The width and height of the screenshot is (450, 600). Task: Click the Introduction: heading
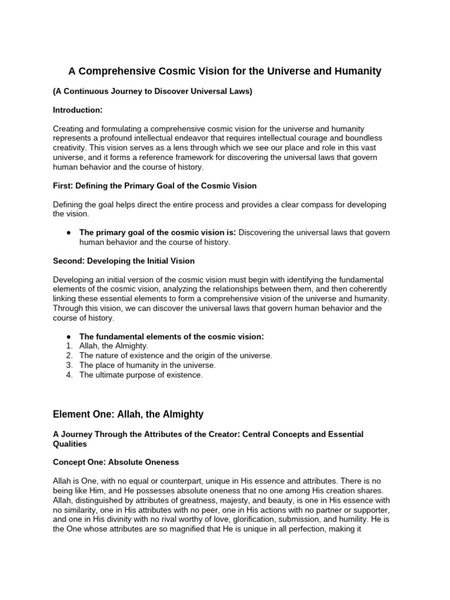pos(78,110)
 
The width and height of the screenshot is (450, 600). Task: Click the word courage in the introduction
pos(327,139)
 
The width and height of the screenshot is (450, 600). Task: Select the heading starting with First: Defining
pos(155,186)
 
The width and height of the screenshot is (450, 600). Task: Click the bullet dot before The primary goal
pos(69,233)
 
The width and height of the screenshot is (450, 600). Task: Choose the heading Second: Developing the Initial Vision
pos(124,261)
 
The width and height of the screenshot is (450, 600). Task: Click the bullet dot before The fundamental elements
pos(69,336)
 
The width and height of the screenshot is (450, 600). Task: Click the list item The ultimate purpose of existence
pos(141,375)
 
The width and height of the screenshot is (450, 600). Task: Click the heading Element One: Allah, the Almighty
pos(128,414)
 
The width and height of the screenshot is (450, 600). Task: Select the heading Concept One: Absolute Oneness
pos(116,462)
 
